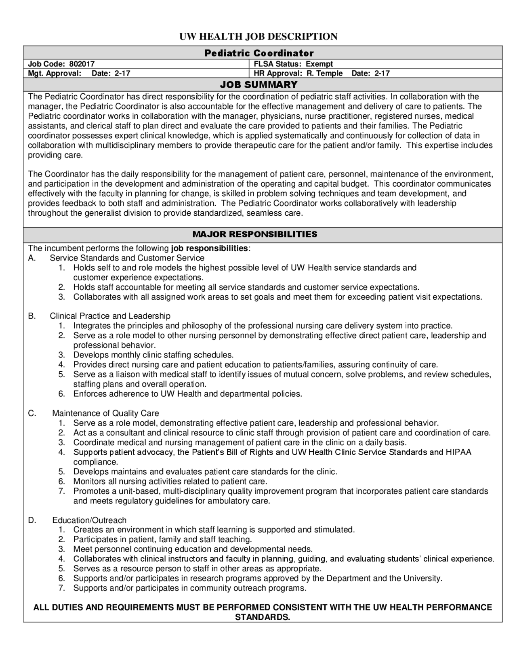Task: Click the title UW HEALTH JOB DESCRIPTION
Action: pos(258,36)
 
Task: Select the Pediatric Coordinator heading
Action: pos(258,53)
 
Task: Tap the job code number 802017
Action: pos(82,64)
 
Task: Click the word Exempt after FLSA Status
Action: pos(319,64)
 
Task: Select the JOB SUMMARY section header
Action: pos(258,84)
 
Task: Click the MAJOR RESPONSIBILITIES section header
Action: pos(254,234)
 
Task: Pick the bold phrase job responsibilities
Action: pos(210,248)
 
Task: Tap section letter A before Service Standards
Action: pos(32,258)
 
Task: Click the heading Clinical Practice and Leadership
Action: pos(110,316)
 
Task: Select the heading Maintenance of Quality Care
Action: pos(105,413)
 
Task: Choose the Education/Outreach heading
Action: pos(89,520)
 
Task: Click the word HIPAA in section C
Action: pos(458,452)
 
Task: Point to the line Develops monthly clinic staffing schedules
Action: pos(153,355)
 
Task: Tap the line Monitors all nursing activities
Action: pos(170,481)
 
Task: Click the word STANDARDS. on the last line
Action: pos(263,617)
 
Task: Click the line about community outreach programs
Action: pos(190,588)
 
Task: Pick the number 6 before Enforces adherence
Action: pos(61,394)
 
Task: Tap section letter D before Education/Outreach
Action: pos(32,520)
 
